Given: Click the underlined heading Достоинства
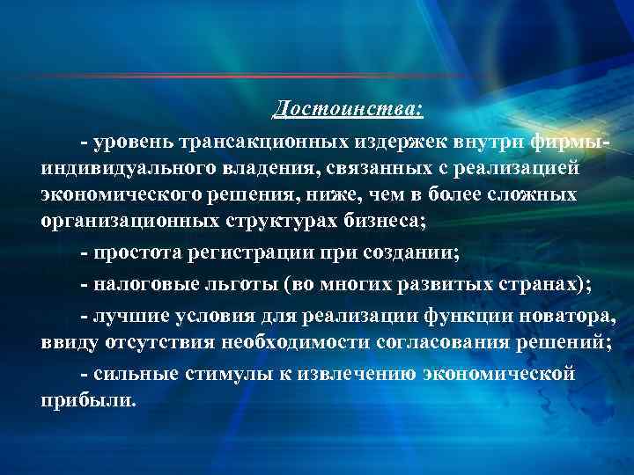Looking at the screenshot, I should click(348, 109).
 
